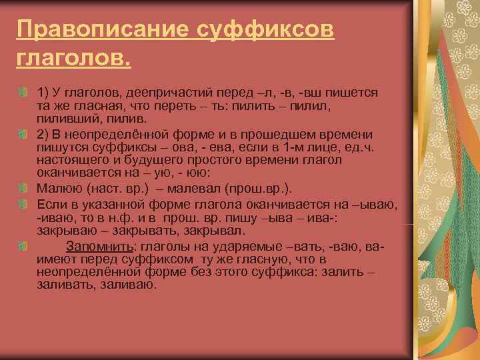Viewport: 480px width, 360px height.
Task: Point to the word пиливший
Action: (x=65, y=118)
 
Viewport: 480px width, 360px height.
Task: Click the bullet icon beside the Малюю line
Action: (x=23, y=188)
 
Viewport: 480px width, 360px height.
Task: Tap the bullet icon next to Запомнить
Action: (x=23, y=247)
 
